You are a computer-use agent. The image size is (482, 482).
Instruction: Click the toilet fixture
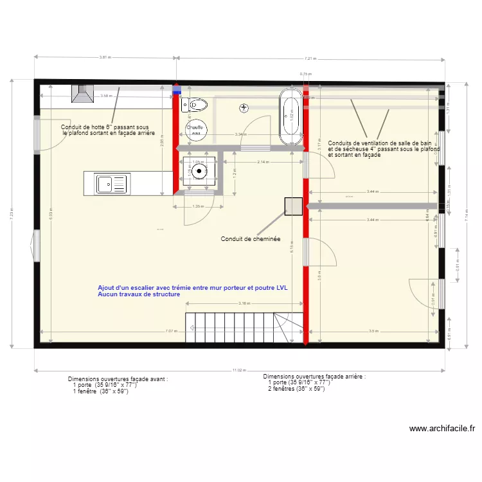[x=195, y=104]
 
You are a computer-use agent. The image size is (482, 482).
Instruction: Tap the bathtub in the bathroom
[x=290, y=116]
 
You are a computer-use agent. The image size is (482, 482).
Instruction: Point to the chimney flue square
[x=294, y=206]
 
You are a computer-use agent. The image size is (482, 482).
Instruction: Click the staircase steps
[x=228, y=326]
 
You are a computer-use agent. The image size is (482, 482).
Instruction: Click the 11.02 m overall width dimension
[x=238, y=370]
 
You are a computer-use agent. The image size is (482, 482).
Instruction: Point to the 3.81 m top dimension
[x=105, y=57]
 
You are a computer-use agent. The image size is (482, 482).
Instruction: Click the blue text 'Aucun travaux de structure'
[x=139, y=294]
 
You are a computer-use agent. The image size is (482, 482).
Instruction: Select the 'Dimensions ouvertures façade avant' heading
[x=118, y=379]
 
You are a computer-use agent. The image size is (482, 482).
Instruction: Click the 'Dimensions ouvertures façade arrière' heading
[x=314, y=377]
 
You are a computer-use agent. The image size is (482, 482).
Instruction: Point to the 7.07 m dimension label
[x=170, y=332]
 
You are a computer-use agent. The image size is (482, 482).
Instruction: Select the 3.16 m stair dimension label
[x=244, y=303]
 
